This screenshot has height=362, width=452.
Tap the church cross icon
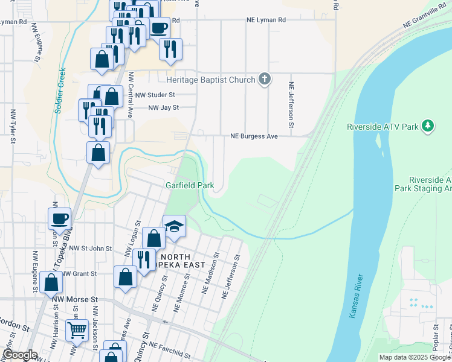(264, 78)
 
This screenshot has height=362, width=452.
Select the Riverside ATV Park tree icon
(428, 125)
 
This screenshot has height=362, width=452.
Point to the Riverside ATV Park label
(383, 127)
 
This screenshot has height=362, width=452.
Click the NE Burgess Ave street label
(254, 136)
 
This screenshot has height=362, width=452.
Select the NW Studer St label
(155, 95)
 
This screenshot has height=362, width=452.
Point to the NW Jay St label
(164, 108)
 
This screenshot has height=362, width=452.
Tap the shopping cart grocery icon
(77, 330)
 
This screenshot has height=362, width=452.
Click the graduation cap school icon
(174, 226)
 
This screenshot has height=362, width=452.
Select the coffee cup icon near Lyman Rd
(159, 27)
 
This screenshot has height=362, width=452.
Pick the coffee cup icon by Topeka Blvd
(59, 218)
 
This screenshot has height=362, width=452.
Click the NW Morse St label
(75, 299)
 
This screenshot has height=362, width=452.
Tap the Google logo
(20, 355)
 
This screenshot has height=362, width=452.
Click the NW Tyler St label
(12, 127)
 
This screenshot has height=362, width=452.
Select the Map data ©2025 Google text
(415, 357)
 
